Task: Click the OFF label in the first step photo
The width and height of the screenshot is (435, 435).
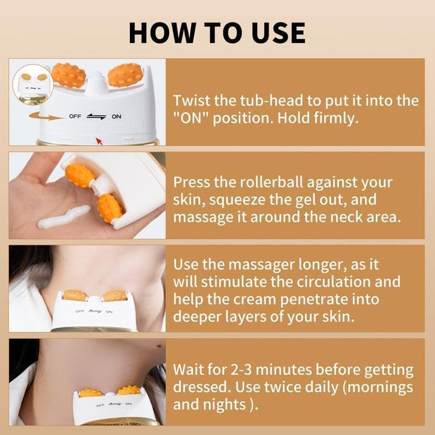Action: pos(75,117)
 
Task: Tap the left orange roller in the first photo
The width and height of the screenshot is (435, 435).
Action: pos(68,75)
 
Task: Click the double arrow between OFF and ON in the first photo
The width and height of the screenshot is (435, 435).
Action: pos(96,117)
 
